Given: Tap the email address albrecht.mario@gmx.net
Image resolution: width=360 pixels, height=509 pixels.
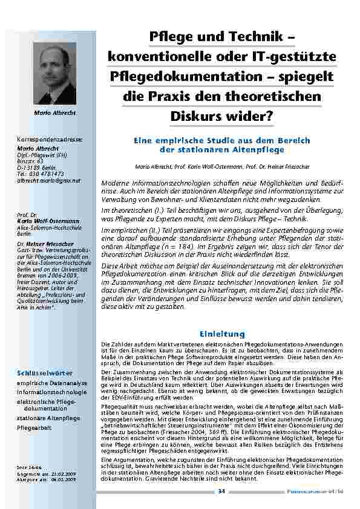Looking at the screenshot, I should (x=48, y=180).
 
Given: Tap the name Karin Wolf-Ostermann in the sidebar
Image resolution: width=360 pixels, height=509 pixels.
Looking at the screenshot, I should (x=48, y=221).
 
